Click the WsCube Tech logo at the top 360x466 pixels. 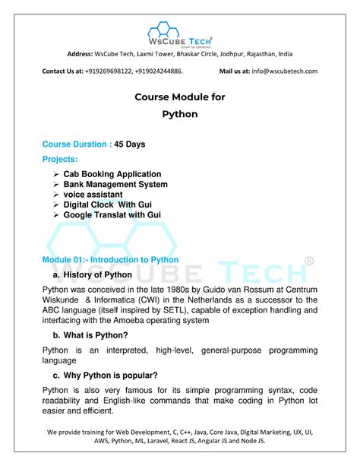[180, 34]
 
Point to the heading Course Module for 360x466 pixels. [180, 97]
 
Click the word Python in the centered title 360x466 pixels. [180, 114]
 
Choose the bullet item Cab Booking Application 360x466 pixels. [112, 174]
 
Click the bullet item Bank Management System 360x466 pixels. [115, 184]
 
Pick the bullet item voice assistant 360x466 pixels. [97, 195]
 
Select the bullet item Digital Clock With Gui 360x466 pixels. [112, 205]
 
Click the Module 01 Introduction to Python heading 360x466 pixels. [110, 260]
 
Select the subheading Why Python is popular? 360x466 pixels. [110, 375]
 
